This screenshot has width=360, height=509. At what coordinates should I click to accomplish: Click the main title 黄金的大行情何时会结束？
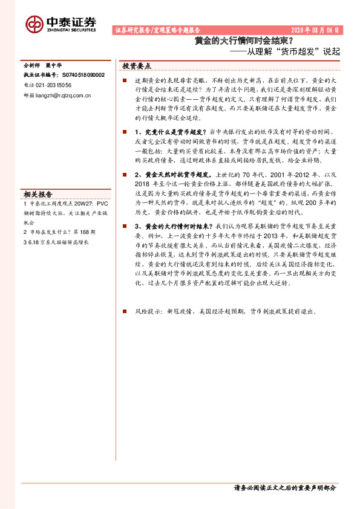coord(244,42)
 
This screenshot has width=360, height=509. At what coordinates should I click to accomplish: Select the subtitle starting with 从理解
coord(287,53)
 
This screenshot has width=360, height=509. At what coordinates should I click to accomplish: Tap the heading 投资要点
coord(137,65)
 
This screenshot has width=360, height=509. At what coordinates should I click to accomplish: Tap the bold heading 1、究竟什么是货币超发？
coord(170,131)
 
